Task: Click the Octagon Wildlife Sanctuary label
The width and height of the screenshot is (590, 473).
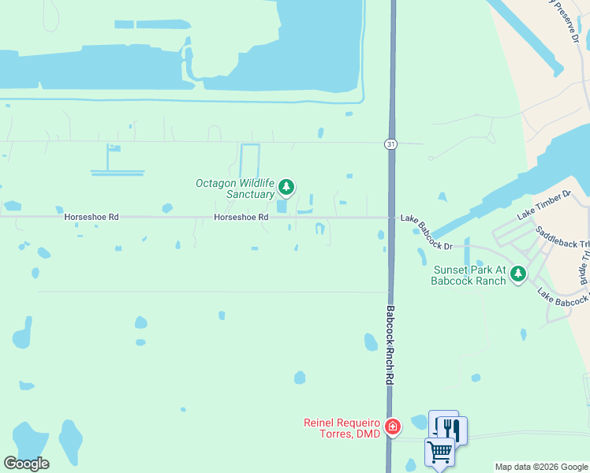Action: pyautogui.click(x=235, y=188)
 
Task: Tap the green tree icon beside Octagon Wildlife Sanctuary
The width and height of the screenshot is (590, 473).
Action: pyautogui.click(x=286, y=187)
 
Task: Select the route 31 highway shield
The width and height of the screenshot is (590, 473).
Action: pyautogui.click(x=390, y=143)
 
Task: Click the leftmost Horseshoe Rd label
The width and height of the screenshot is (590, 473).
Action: pyautogui.click(x=91, y=218)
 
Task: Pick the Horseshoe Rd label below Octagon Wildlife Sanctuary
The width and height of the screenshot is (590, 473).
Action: pyautogui.click(x=241, y=218)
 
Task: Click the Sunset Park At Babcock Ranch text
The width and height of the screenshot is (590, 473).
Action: pyautogui.click(x=469, y=275)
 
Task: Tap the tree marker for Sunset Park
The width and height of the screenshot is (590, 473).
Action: pyautogui.click(x=517, y=274)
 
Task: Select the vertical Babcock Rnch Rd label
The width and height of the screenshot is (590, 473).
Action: pyautogui.click(x=390, y=345)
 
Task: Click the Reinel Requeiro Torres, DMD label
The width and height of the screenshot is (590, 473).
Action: pyautogui.click(x=342, y=427)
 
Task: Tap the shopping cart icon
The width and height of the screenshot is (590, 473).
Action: pyautogui.click(x=439, y=453)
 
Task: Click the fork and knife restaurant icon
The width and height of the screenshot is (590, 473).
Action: pyautogui.click(x=451, y=429)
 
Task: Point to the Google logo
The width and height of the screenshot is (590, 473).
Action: pyautogui.click(x=26, y=464)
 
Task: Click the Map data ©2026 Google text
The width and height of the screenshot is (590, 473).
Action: pyautogui.click(x=541, y=467)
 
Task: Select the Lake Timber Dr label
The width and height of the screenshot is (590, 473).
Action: pyautogui.click(x=543, y=205)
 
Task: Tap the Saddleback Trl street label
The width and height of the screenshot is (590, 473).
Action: pyautogui.click(x=562, y=240)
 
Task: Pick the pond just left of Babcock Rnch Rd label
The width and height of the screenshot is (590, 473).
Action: pyautogui.click(x=370, y=341)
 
